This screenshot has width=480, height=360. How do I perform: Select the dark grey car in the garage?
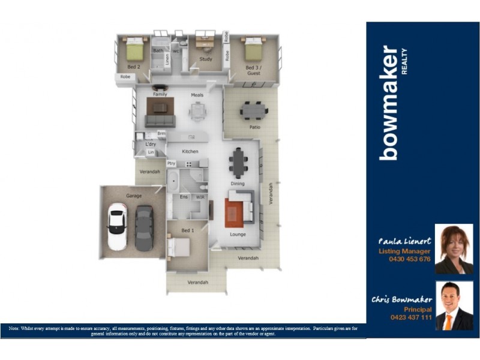(x=144, y=227)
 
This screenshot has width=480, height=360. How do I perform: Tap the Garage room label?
(x=133, y=196)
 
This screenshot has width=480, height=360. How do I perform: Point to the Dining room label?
(x=238, y=184)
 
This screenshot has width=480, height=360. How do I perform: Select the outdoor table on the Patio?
(x=254, y=110)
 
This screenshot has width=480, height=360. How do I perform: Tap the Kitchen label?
(x=190, y=151)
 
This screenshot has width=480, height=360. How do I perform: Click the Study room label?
(x=206, y=59)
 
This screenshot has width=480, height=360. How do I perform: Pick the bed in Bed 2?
(x=134, y=48)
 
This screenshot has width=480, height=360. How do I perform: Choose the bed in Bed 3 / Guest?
(x=253, y=48)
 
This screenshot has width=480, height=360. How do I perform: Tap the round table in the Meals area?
(x=197, y=110)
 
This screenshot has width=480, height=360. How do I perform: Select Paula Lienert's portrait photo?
(x=454, y=249)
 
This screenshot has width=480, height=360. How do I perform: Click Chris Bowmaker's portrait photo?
(x=454, y=305)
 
